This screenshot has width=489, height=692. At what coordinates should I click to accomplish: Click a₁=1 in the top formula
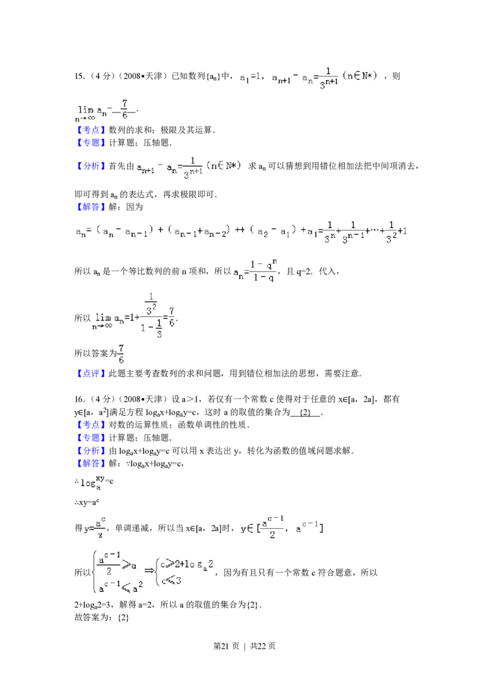(x=251, y=78)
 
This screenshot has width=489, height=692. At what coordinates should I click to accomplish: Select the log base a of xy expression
(x=94, y=482)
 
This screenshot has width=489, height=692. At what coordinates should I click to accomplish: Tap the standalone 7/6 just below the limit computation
(x=121, y=355)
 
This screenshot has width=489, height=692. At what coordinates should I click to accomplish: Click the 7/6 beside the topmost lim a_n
(x=125, y=110)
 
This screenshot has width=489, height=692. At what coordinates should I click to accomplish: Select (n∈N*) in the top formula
(x=360, y=76)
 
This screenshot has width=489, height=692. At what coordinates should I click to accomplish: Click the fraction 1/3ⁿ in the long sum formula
(x=329, y=232)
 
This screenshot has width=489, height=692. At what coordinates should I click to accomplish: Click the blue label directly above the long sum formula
(x=90, y=208)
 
